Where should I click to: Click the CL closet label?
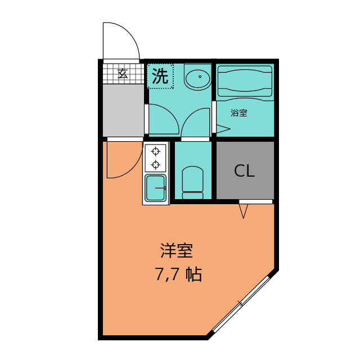[x=245, y=171]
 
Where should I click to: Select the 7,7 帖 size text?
[x=178, y=275]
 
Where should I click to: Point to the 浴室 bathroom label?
[x=239, y=112]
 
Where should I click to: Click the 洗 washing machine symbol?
[x=160, y=76]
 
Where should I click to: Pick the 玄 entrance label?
[x=122, y=73]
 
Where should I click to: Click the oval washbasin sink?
[x=197, y=78]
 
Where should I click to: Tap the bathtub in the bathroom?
[x=245, y=83]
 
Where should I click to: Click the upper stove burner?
[x=156, y=151]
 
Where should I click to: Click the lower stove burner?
[x=156, y=164]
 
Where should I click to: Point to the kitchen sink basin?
[x=156, y=187]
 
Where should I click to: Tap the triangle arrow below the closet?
[x=244, y=211]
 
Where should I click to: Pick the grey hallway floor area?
[x=123, y=110]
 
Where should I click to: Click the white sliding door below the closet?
[x=255, y=201]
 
